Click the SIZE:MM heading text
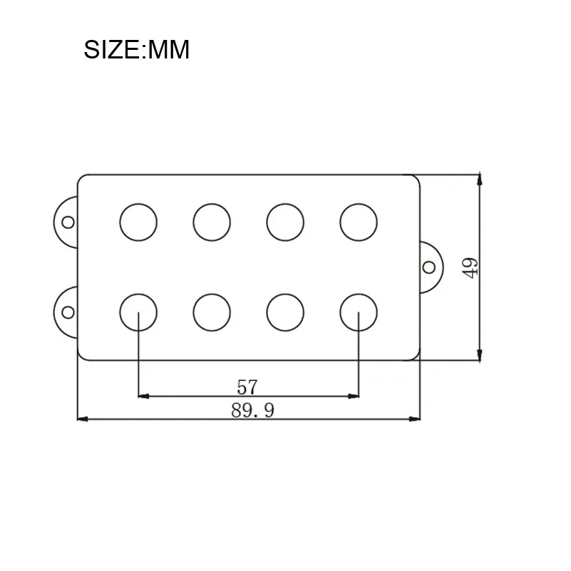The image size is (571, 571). click(x=137, y=49)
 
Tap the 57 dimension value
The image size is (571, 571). click(x=247, y=387)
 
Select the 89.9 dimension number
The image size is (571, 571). click(x=252, y=411)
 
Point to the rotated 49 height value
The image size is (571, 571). click(x=470, y=267)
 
